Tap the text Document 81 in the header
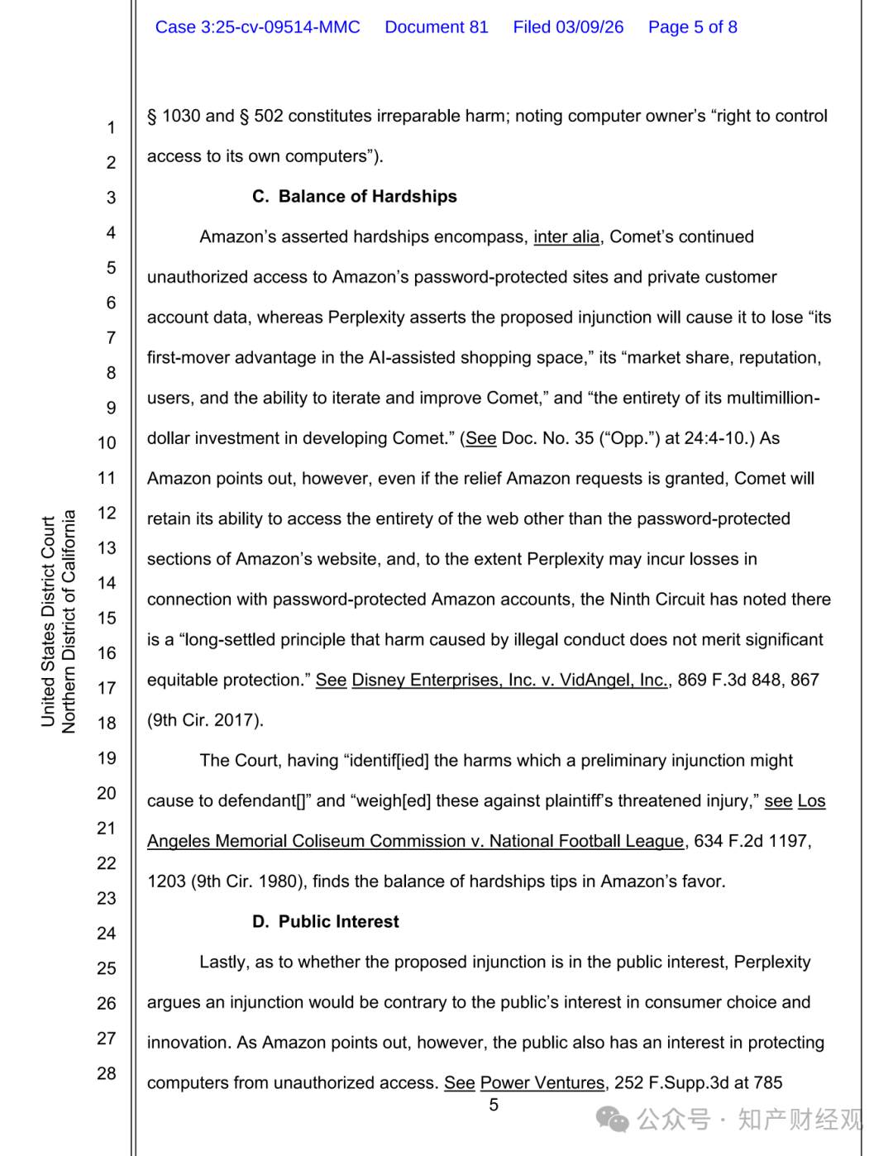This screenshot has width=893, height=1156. [x=437, y=27]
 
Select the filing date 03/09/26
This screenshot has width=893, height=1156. [x=590, y=27]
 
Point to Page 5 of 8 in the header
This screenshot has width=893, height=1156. [x=692, y=27]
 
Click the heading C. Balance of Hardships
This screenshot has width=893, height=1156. [x=355, y=197]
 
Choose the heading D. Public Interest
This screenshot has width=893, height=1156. [x=326, y=922]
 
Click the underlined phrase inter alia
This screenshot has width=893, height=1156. [x=566, y=237]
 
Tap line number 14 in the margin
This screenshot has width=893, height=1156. [x=107, y=584]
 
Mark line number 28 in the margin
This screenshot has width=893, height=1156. [x=107, y=1074]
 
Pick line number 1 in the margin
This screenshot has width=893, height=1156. [x=110, y=128]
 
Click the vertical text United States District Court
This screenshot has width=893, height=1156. [x=48, y=622]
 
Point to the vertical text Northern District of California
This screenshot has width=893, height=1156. [x=69, y=622]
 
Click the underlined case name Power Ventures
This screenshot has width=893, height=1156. [x=542, y=1083]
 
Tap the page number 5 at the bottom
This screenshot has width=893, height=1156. [x=494, y=1106]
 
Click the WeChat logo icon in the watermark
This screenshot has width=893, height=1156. [x=613, y=1120]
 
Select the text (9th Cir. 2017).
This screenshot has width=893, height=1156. [x=205, y=721]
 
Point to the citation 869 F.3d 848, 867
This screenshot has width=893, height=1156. [x=748, y=681]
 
